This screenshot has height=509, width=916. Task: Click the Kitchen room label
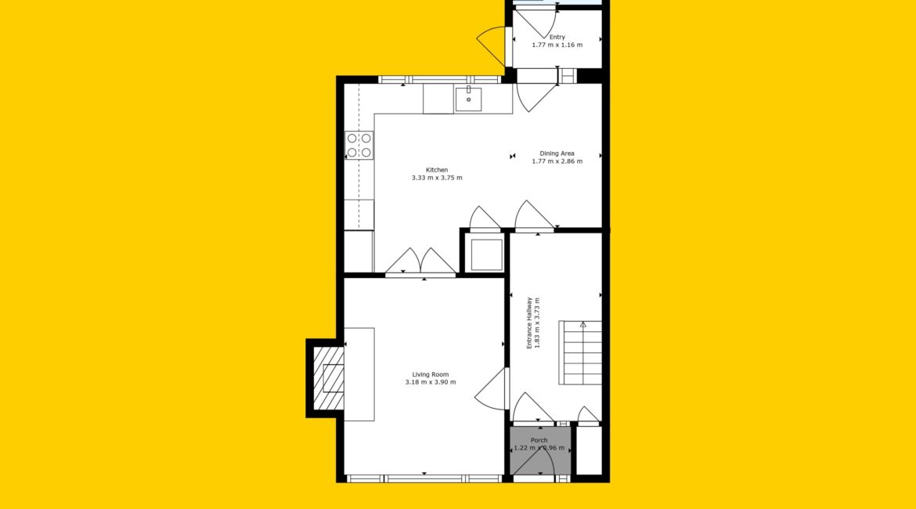click(x=437, y=170)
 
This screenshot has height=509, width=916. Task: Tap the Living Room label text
click(x=431, y=374)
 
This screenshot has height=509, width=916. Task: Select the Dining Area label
click(x=557, y=153)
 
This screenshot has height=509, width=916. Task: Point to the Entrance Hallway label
click(x=529, y=323)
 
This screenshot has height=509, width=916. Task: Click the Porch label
click(x=539, y=440)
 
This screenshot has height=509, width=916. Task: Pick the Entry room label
click(x=557, y=37)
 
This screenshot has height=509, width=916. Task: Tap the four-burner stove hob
click(x=359, y=146)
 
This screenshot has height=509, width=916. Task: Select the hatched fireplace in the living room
click(x=328, y=378)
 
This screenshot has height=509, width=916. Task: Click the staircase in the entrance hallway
click(x=580, y=352)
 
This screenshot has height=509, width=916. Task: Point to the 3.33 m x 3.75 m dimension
click(x=437, y=178)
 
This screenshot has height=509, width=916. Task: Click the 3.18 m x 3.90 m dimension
click(x=431, y=382)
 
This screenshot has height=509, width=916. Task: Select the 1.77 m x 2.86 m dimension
click(x=557, y=161)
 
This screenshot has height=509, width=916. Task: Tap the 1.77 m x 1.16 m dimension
click(x=557, y=45)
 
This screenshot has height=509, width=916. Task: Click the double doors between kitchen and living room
click(x=420, y=262)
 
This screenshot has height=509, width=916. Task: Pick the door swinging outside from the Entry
click(x=492, y=45)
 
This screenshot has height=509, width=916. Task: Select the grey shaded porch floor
click(x=539, y=451)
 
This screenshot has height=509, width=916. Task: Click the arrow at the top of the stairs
click(x=583, y=324)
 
